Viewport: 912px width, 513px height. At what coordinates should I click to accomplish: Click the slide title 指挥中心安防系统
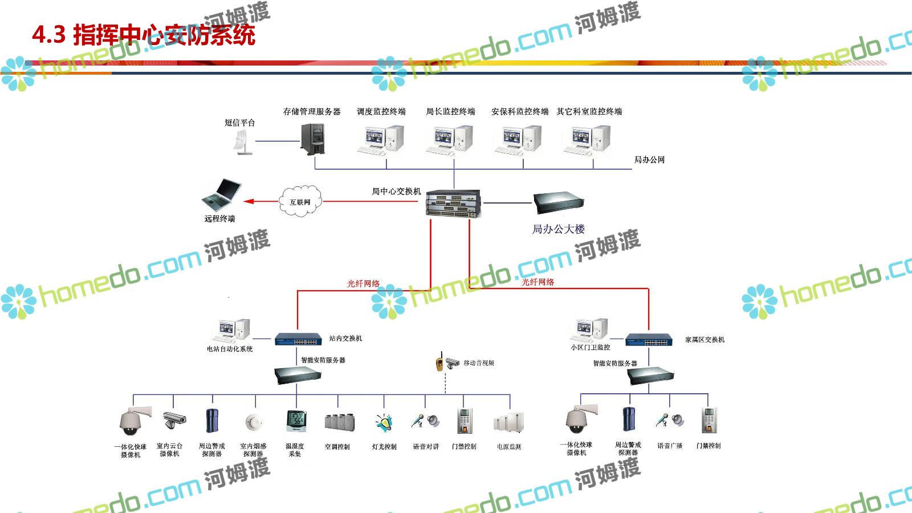[x=144, y=35]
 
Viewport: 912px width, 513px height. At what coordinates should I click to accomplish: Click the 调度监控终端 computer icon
[x=381, y=140]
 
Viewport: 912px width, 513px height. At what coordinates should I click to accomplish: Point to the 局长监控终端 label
[x=450, y=112]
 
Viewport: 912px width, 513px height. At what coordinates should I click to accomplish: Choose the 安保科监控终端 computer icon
[x=518, y=140]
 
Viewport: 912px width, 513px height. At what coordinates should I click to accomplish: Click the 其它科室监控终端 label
[x=589, y=112]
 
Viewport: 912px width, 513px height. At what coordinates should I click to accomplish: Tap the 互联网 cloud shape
[x=300, y=201]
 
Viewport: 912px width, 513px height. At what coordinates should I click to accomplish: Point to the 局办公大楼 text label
[x=558, y=229]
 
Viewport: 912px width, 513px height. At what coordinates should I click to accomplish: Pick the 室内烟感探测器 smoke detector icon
[x=253, y=422]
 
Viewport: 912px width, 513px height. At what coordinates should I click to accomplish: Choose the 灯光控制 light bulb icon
[x=384, y=423]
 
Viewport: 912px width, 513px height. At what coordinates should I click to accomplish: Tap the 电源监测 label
[x=508, y=447]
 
